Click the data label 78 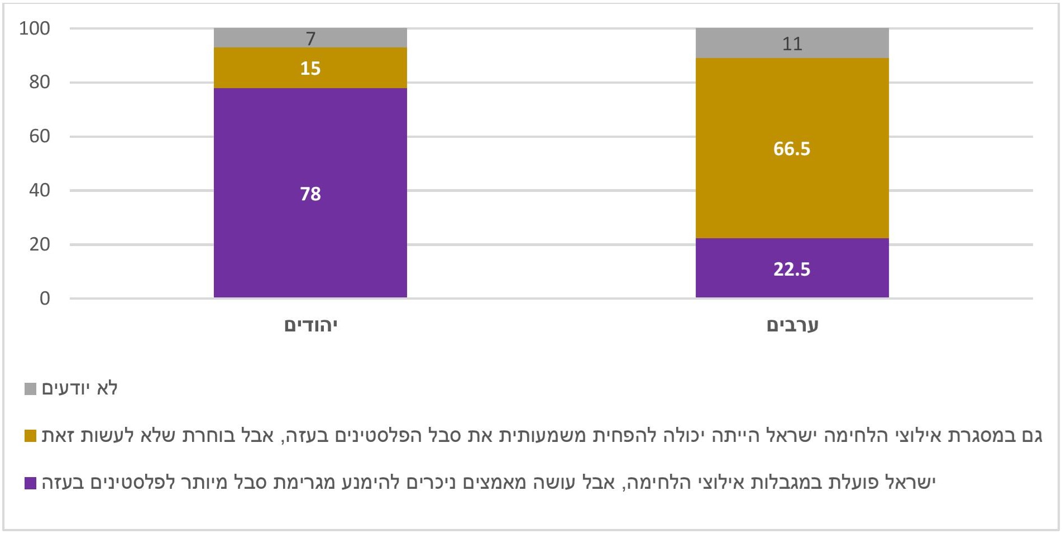pyautogui.click(x=310, y=194)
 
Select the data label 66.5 pyautogui.click(x=792, y=149)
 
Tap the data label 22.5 pyautogui.click(x=792, y=270)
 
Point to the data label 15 pyautogui.click(x=310, y=69)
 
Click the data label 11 pyautogui.click(x=792, y=44)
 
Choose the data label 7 pyautogui.click(x=310, y=39)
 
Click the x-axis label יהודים pyautogui.click(x=311, y=325)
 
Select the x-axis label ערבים pyautogui.click(x=792, y=325)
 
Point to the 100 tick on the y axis pyautogui.click(x=35, y=28)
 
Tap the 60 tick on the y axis pyautogui.click(x=40, y=136)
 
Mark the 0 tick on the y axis pyautogui.click(x=45, y=299)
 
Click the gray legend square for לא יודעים pyautogui.click(x=31, y=389)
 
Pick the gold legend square pyautogui.click(x=31, y=436)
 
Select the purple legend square pyautogui.click(x=31, y=483)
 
